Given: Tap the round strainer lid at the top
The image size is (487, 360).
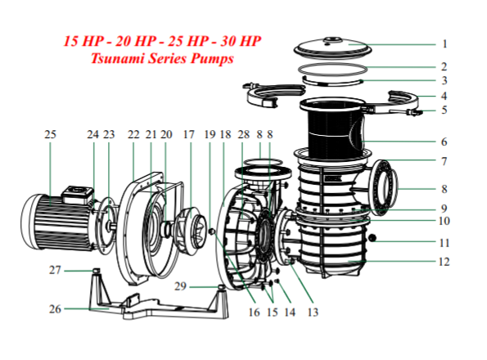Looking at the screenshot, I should (336, 45).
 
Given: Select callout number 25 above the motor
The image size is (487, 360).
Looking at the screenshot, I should (51, 134).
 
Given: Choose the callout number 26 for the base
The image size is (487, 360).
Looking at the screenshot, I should (55, 309).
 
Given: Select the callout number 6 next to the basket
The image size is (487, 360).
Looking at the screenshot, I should (444, 141).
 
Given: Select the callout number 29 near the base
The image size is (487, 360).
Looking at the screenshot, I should (181, 287).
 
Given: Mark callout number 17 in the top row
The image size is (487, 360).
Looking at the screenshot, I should (189, 134).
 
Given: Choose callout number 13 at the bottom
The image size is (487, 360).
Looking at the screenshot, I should (312, 312).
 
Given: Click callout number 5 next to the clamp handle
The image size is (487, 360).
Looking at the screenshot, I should (444, 110).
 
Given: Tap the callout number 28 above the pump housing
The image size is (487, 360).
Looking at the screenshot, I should (242, 134).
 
